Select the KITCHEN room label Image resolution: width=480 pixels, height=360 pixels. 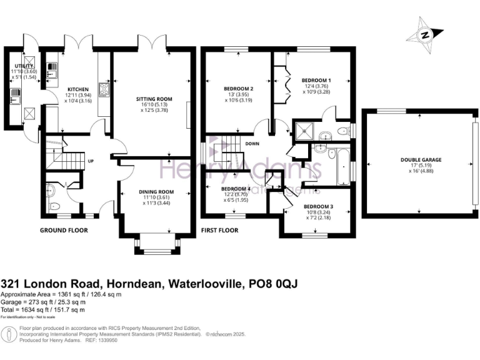[x=78, y=89]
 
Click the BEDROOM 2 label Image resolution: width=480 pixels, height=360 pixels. [x=238, y=89]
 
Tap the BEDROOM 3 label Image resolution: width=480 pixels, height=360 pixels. [x=318, y=206]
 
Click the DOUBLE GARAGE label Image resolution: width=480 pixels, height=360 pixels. [x=421, y=160]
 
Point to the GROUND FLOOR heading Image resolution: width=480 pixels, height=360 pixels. [x=64, y=230]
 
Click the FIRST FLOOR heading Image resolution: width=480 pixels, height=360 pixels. [x=220, y=230]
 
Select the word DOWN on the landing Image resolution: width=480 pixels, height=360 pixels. [x=253, y=142]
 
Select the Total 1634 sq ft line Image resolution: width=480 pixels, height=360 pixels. [x=43, y=309]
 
